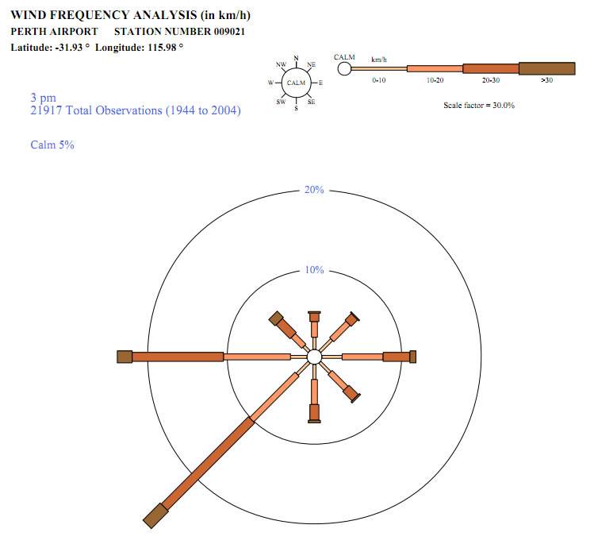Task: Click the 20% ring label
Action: pyautogui.click(x=314, y=190)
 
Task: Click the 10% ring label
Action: pyautogui.click(x=314, y=270)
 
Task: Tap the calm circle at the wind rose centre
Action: pyautogui.click(x=314, y=357)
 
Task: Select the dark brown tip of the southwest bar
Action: pyautogui.click(x=155, y=515)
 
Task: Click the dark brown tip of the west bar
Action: pyautogui.click(x=125, y=357)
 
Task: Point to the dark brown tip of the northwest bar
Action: pyautogui.click(x=276, y=318)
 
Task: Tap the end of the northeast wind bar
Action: pyautogui.click(x=355, y=316)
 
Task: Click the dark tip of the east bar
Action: pyautogui.click(x=413, y=357)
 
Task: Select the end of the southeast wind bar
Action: pyautogui.click(x=356, y=399)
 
